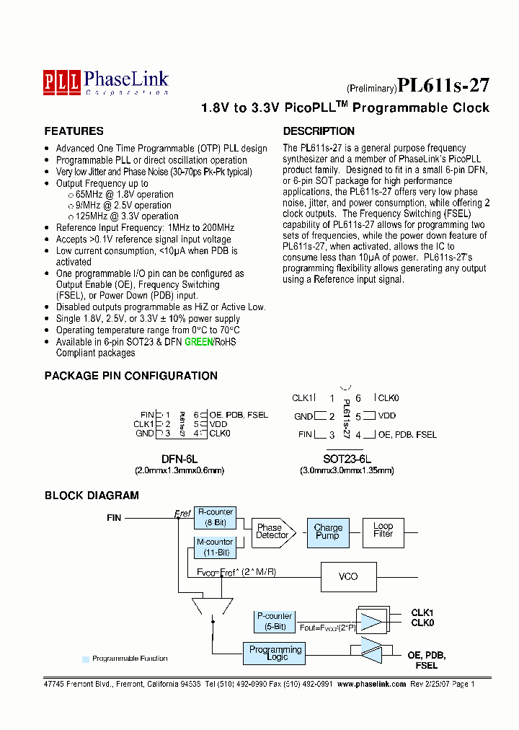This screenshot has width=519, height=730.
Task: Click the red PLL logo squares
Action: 61,80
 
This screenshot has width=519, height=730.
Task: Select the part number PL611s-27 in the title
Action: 443,85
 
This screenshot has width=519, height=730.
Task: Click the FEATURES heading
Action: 74,131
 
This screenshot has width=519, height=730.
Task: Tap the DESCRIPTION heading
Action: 319,131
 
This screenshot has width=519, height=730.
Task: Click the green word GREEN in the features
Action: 198,342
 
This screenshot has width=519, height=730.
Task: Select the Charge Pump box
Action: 328,532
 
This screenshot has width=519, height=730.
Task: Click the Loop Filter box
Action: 383,530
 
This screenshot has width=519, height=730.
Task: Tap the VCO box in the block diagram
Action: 347,576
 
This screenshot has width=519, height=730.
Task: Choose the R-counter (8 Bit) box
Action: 215,517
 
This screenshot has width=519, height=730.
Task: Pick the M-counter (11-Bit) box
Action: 215,547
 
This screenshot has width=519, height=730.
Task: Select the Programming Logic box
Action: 275,653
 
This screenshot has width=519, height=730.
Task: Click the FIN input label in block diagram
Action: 114,517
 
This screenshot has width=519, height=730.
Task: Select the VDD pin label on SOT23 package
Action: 387,416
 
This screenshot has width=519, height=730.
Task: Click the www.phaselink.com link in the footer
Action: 372,684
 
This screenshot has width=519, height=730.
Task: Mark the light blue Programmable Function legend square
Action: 85,659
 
